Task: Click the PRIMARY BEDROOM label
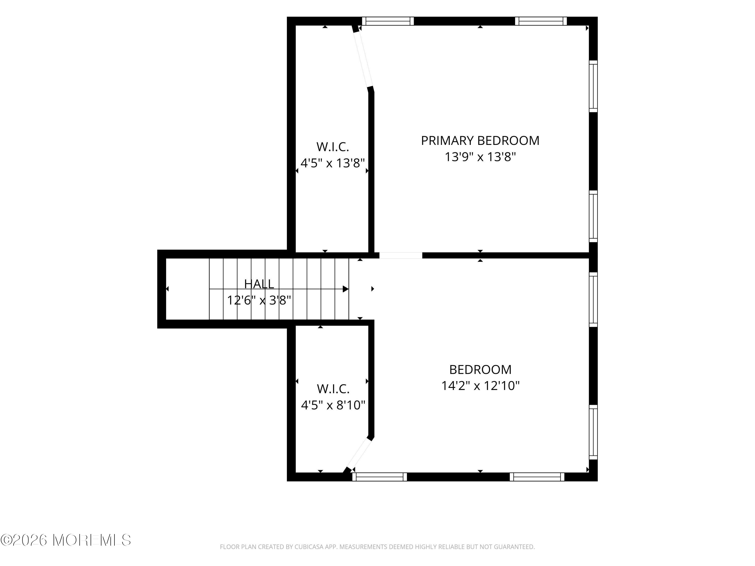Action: pos(480,141)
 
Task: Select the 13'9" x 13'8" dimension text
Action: pos(480,157)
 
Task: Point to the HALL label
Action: pos(259,284)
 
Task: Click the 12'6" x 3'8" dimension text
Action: pos(259,300)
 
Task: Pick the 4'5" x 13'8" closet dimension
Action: pos(333,163)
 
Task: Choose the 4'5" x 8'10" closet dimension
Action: pos(333,405)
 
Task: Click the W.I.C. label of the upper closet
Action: pos(333,147)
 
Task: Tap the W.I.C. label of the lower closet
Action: pos(333,389)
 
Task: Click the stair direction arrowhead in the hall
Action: pos(346,289)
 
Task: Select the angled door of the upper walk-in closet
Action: pos(363,60)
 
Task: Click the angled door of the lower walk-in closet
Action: pos(358,454)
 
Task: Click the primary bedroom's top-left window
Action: pos(388,21)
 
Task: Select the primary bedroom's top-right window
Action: pos(541,21)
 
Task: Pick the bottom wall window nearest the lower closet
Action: pos(380,477)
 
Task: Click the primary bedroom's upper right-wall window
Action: pos(593,86)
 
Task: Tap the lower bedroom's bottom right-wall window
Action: pos(593,432)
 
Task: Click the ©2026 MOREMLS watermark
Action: pos(65,540)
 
